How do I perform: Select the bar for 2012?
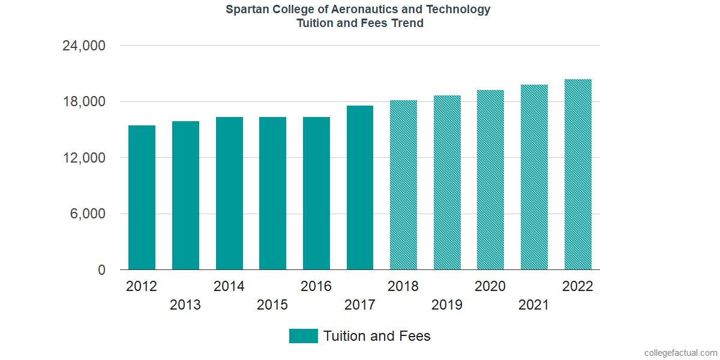142,197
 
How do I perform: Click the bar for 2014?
229,193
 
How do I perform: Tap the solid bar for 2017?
360,188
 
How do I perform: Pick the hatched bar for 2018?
403,185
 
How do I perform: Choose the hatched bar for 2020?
490,180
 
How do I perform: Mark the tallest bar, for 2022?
578,175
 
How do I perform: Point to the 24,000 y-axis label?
84,46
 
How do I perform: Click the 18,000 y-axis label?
84,102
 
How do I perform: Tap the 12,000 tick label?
84,158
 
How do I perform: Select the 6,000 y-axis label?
89,214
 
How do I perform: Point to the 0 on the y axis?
102,271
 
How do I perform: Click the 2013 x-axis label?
185,305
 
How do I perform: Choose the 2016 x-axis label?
316,286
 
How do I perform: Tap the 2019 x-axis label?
447,305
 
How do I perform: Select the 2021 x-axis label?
534,305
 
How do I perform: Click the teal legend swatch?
303,336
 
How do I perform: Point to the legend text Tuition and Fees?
377,336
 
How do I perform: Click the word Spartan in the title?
247,10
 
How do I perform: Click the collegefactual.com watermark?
680,353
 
